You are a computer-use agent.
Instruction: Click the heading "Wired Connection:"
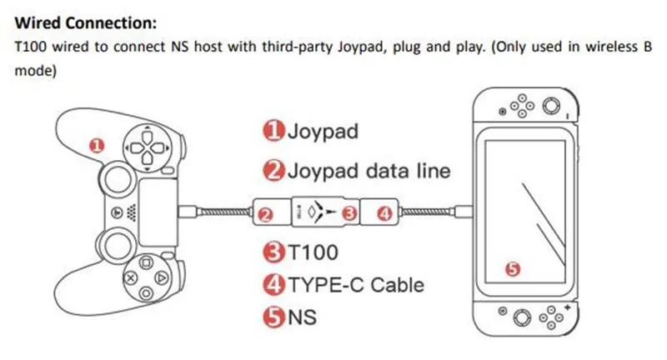click(x=86, y=22)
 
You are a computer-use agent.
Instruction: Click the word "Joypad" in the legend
click(x=323, y=131)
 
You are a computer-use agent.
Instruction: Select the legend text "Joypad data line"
click(x=369, y=171)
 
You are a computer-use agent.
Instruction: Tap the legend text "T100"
click(x=313, y=252)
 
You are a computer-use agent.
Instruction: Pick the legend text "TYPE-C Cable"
click(x=357, y=285)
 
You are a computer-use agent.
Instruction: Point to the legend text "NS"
click(x=302, y=317)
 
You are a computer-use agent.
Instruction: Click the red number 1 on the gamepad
click(x=97, y=146)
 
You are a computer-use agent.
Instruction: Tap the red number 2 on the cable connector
click(x=266, y=215)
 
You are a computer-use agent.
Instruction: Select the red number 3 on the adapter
click(x=349, y=213)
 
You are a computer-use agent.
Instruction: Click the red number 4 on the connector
click(x=385, y=213)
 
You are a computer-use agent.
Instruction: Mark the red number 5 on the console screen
click(x=513, y=268)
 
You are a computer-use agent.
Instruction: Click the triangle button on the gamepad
click(x=162, y=278)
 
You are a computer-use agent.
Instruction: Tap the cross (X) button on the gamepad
click(x=130, y=278)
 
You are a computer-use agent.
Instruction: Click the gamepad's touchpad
click(x=158, y=212)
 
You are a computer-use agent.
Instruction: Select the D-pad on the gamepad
click(x=148, y=147)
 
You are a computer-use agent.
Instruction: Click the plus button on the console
click(x=567, y=307)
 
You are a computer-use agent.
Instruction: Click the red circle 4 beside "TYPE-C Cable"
click(x=273, y=285)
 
